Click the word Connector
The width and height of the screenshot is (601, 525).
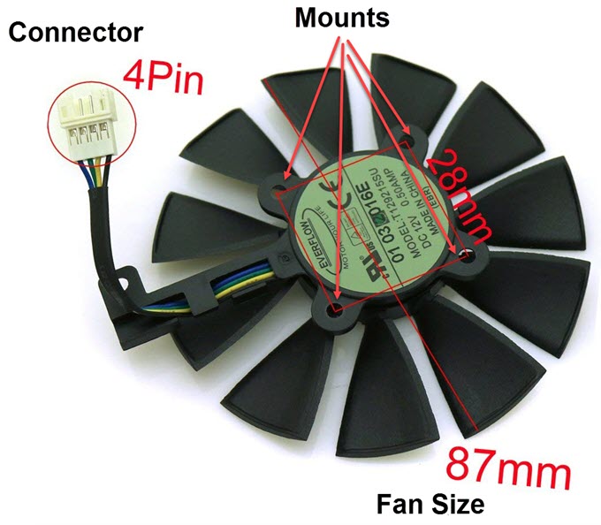75,34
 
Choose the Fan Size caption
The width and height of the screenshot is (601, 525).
430,504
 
